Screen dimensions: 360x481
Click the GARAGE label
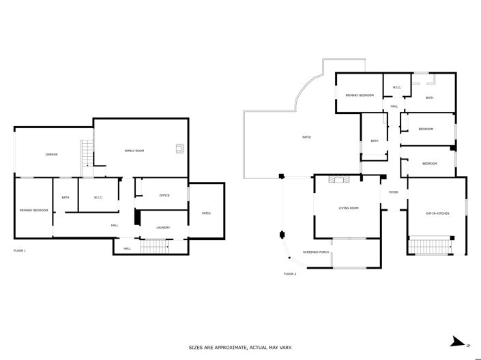[x=51, y=155]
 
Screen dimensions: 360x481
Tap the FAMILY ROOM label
[x=134, y=151]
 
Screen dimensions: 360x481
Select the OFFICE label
[x=164, y=196]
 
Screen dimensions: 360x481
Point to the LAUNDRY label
[x=162, y=228]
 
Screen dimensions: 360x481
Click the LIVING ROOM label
[x=349, y=208]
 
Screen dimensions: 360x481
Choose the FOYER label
[x=393, y=192]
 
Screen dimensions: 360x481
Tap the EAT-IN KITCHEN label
[x=437, y=214]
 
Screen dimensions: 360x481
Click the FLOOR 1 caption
[x=20, y=251]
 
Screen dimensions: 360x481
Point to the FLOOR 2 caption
[x=290, y=273]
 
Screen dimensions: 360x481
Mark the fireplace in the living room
[x=338, y=179]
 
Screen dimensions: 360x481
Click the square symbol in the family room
[x=179, y=147]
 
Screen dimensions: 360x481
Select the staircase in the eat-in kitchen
[x=430, y=243]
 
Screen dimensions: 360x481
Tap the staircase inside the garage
[x=87, y=153]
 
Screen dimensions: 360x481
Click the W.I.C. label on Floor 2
[x=396, y=87]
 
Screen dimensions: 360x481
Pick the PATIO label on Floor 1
[x=206, y=213]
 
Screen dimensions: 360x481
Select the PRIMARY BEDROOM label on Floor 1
[x=33, y=210]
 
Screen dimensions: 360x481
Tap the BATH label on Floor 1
[x=65, y=198]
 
